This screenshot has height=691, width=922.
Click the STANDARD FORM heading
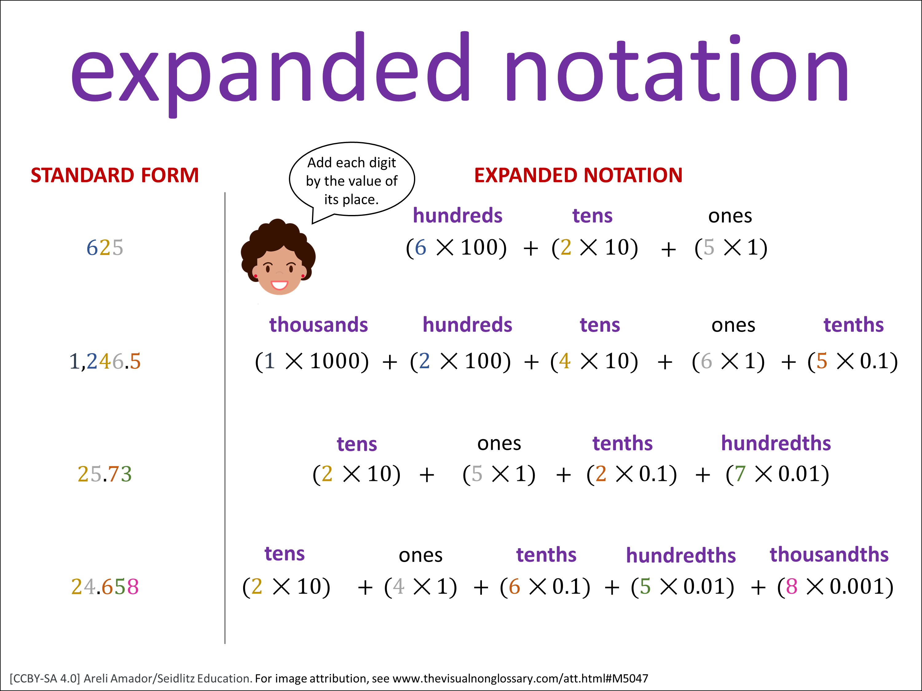[x=115, y=175]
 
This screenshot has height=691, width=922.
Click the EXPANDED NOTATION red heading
[x=578, y=175]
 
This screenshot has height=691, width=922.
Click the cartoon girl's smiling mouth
[x=279, y=285]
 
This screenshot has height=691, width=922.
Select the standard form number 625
[x=104, y=248]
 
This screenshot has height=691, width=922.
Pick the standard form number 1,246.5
[x=104, y=361]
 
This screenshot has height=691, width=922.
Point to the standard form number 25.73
[x=104, y=474]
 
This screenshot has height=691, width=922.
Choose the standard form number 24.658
[x=104, y=587]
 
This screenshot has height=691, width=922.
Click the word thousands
[x=318, y=325]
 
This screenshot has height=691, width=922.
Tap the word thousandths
[x=829, y=554]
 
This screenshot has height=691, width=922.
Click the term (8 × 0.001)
[x=835, y=587]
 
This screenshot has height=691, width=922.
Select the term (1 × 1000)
[x=312, y=361]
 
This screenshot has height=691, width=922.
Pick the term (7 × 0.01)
[x=777, y=474]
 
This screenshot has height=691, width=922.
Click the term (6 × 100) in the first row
[x=456, y=248]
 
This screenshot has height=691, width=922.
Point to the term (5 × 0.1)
[x=853, y=361]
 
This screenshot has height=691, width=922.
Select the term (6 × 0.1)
[x=545, y=587]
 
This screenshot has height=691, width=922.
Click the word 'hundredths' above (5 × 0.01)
[x=681, y=555]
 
